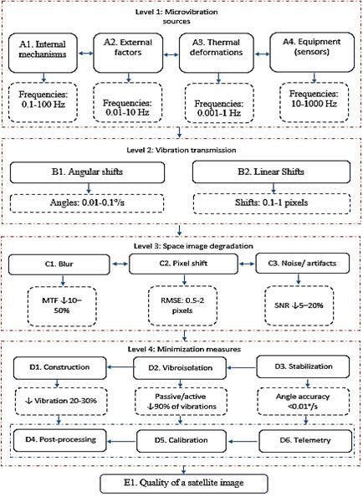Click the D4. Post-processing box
coord(63,438)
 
